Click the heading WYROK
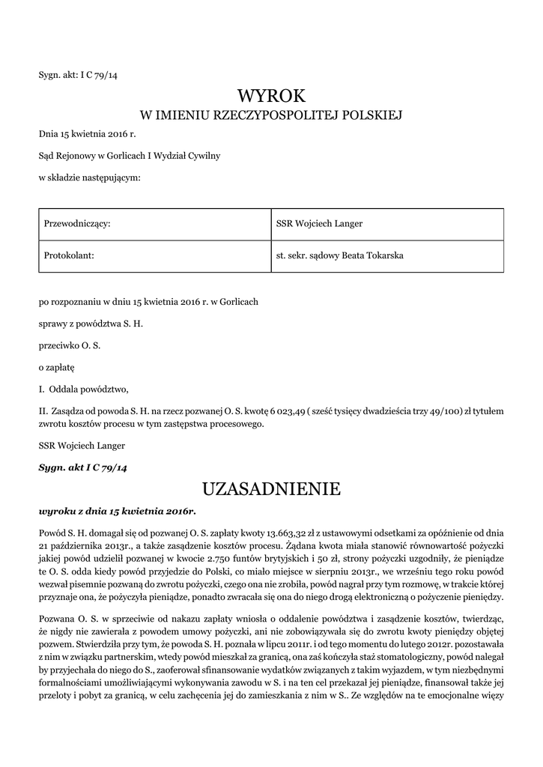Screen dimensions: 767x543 click(271, 95)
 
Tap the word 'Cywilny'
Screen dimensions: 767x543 click(202, 156)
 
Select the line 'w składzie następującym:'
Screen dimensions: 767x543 click(89, 178)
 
